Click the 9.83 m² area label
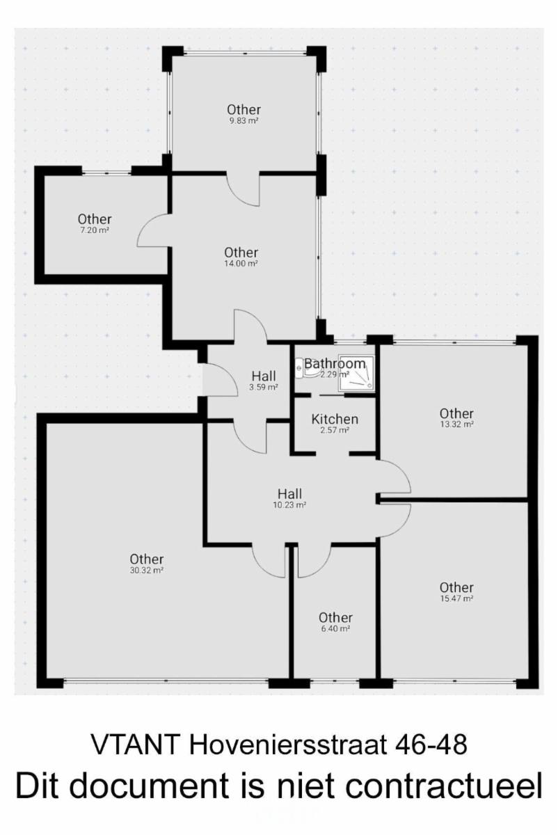pos(244,121)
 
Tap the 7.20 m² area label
pos(95,230)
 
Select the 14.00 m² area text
pos(241,264)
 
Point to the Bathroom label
pos(335,363)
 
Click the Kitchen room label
pos(335,420)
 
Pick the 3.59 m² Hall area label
pos(264,387)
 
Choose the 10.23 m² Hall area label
pos(289,505)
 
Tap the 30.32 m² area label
pos(147,570)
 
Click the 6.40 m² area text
pos(335,629)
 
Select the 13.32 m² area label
pos(456,424)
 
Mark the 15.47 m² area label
pos(456,598)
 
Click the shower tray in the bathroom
pos(356,374)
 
